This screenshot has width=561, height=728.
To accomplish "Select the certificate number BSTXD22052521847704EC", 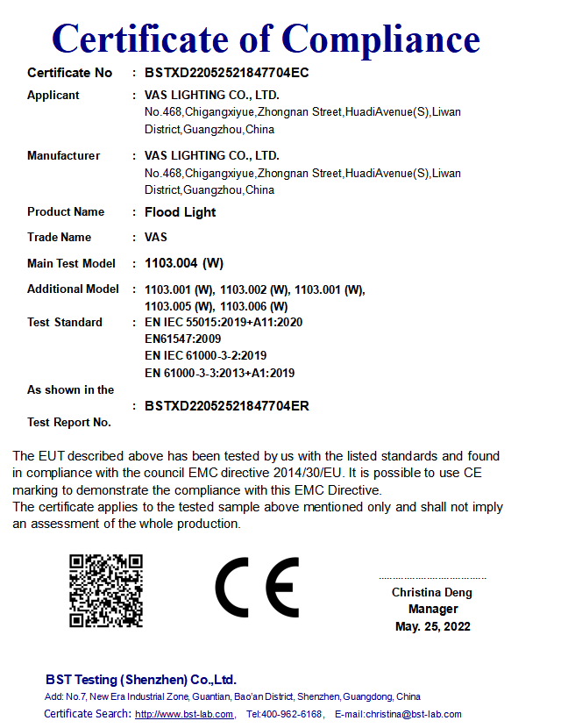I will [226, 73].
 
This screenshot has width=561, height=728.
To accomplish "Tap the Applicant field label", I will [53, 95].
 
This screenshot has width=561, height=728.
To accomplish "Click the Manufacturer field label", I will [63, 155].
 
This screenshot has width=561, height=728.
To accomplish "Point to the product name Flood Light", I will [180, 212].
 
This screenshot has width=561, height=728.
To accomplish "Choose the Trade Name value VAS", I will [156, 237].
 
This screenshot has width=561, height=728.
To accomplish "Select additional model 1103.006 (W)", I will [254, 306].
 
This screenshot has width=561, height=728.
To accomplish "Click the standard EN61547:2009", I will [182, 339].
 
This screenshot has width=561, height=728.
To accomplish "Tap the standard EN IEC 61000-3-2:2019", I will [205, 355].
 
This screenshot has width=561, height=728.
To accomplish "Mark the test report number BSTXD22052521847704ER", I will [226, 406].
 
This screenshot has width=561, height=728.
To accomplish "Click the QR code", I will [106, 590].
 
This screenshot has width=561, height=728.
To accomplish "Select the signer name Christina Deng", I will [432, 593].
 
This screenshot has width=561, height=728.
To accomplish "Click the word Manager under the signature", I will [433, 609].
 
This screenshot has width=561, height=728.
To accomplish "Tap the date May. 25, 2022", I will [433, 626].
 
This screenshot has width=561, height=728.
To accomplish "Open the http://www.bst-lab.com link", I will [185, 714].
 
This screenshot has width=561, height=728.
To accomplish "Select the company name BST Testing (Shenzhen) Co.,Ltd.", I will [141, 680].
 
